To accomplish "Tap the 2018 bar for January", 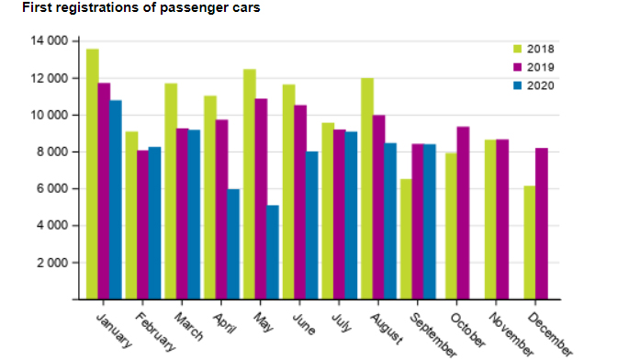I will [x=93, y=174].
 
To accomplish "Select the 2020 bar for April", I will [x=234, y=243].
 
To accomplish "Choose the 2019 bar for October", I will [x=463, y=212].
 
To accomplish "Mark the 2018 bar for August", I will [x=367, y=188].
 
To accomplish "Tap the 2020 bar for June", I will [x=312, y=225].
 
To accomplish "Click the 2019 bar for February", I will [x=142, y=224].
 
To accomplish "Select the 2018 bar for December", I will [x=529, y=242].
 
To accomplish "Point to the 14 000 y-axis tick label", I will [x=51, y=41].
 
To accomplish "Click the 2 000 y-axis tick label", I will [x=53, y=263].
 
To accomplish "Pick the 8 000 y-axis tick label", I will [x=53, y=152].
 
